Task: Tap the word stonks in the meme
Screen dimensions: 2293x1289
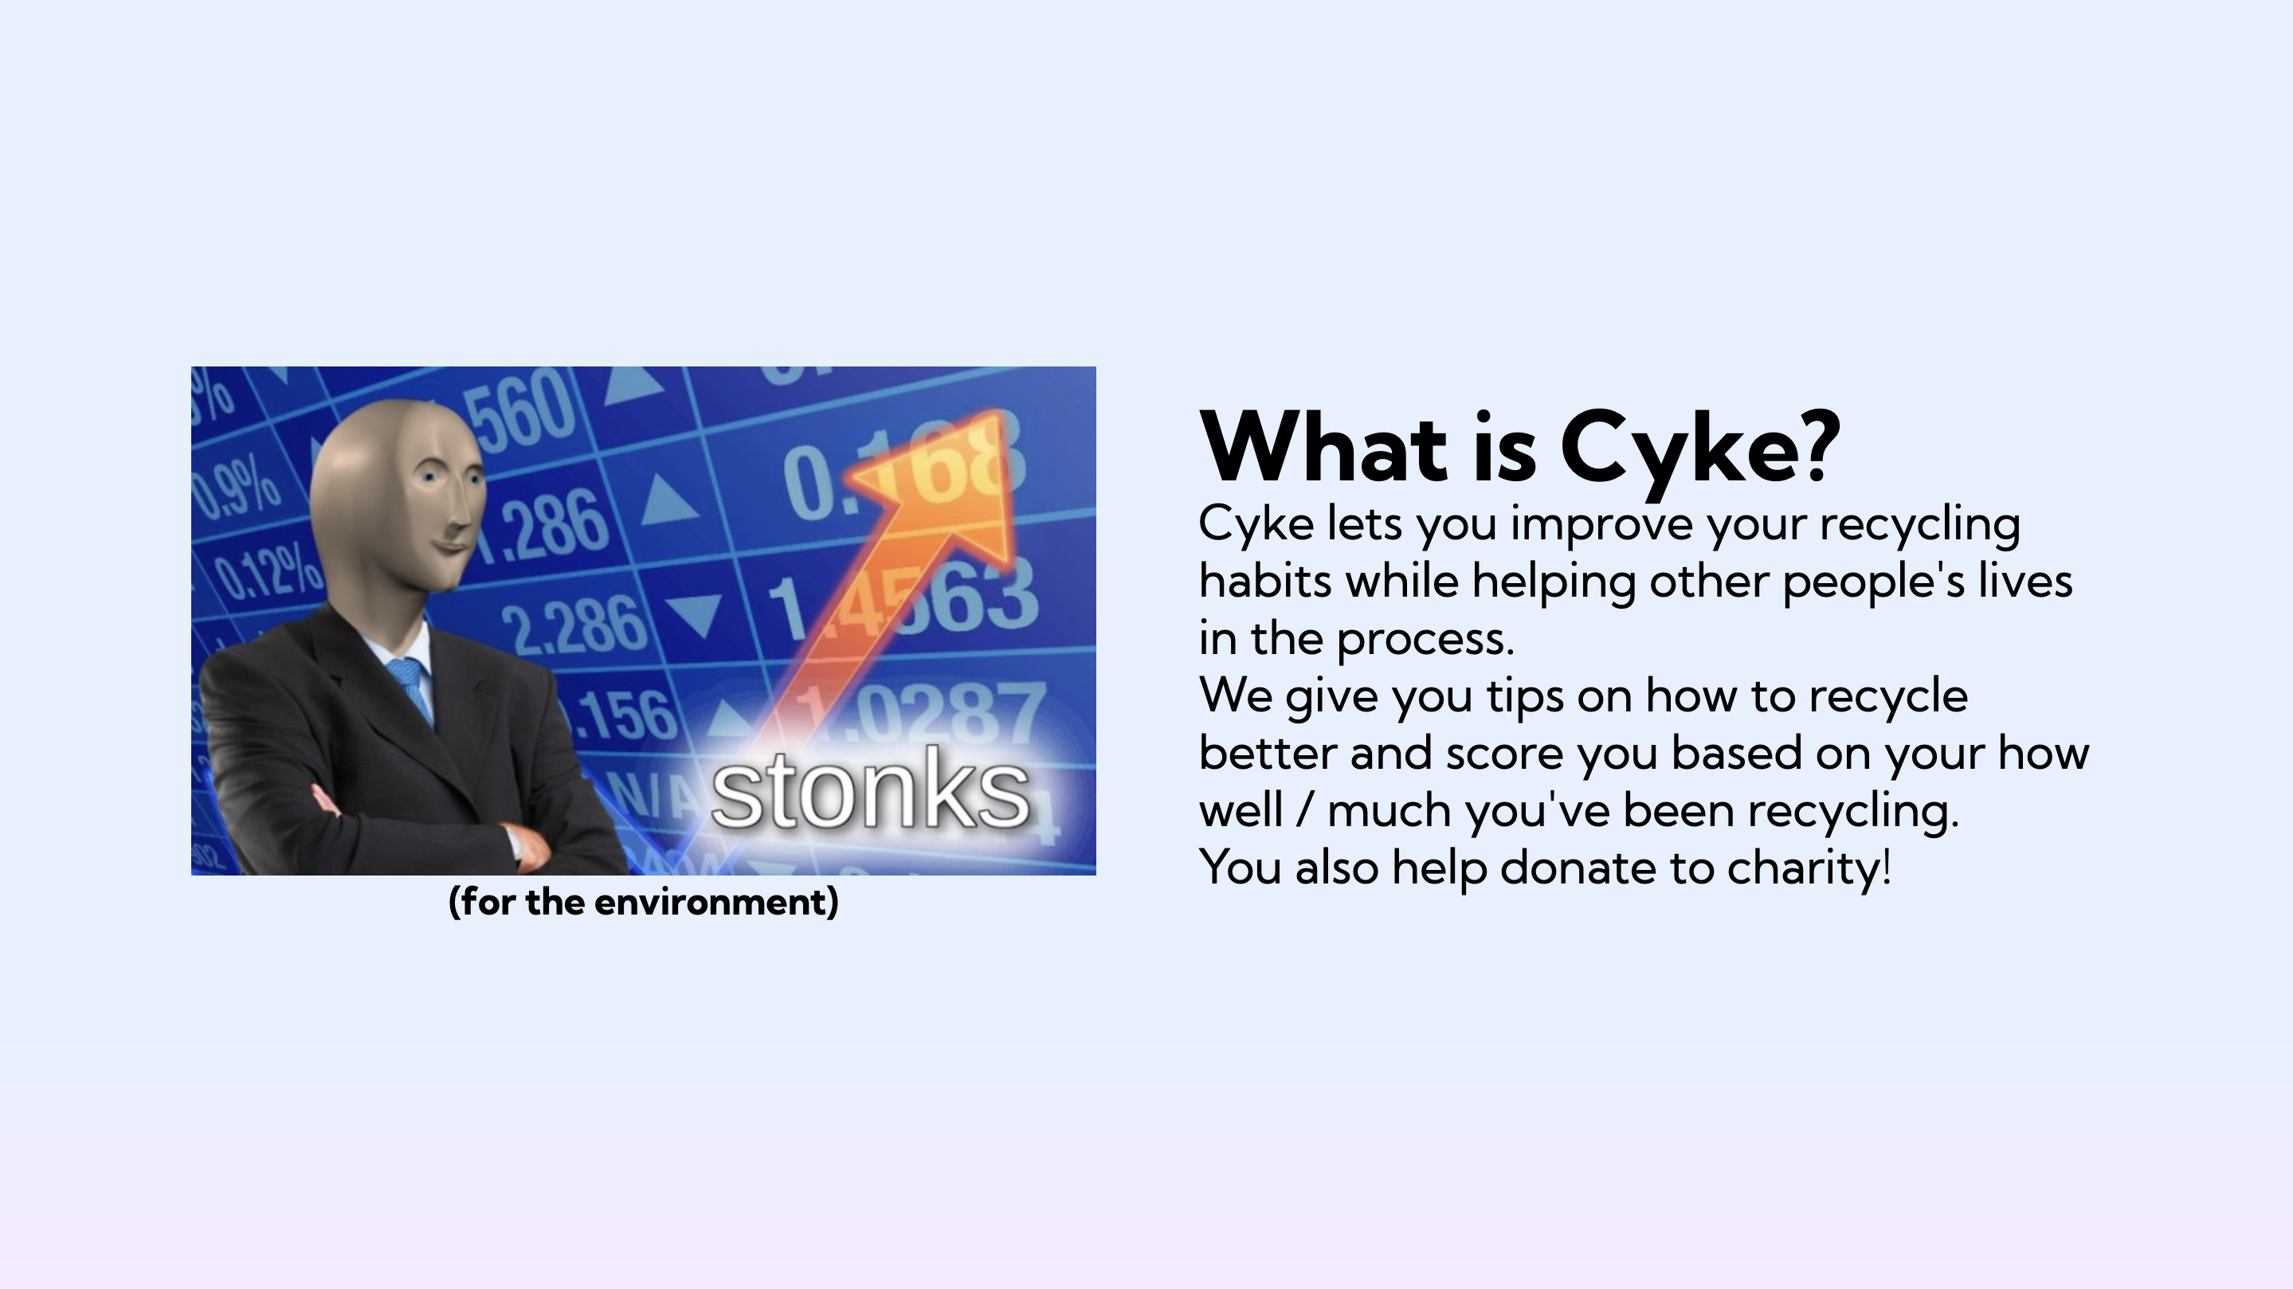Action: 871,789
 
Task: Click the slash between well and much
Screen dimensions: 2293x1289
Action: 1305,810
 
